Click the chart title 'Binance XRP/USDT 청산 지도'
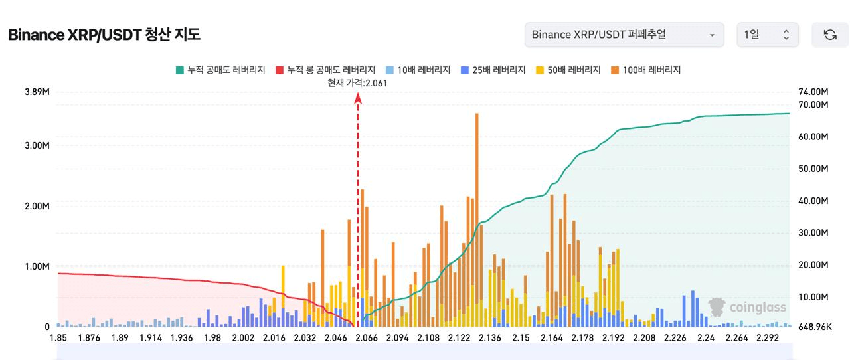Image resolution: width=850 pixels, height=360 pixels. click(104, 35)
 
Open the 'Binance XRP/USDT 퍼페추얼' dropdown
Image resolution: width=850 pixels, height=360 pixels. click(624, 35)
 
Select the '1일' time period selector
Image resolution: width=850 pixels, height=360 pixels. click(767, 35)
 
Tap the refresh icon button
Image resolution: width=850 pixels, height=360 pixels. click(829, 35)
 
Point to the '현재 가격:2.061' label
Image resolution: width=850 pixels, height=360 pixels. click(357, 83)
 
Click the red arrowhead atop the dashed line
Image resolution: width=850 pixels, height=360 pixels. click(358, 98)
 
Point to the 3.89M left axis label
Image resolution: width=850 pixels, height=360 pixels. click(37, 92)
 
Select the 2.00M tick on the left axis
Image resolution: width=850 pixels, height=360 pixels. click(37, 206)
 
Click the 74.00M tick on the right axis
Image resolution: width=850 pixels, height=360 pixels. click(814, 92)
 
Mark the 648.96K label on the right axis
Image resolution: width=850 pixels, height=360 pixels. click(813, 327)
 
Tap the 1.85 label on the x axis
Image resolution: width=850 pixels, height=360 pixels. click(58, 338)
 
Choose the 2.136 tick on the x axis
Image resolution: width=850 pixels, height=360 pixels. click(489, 338)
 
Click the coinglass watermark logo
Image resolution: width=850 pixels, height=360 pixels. click(747, 307)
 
